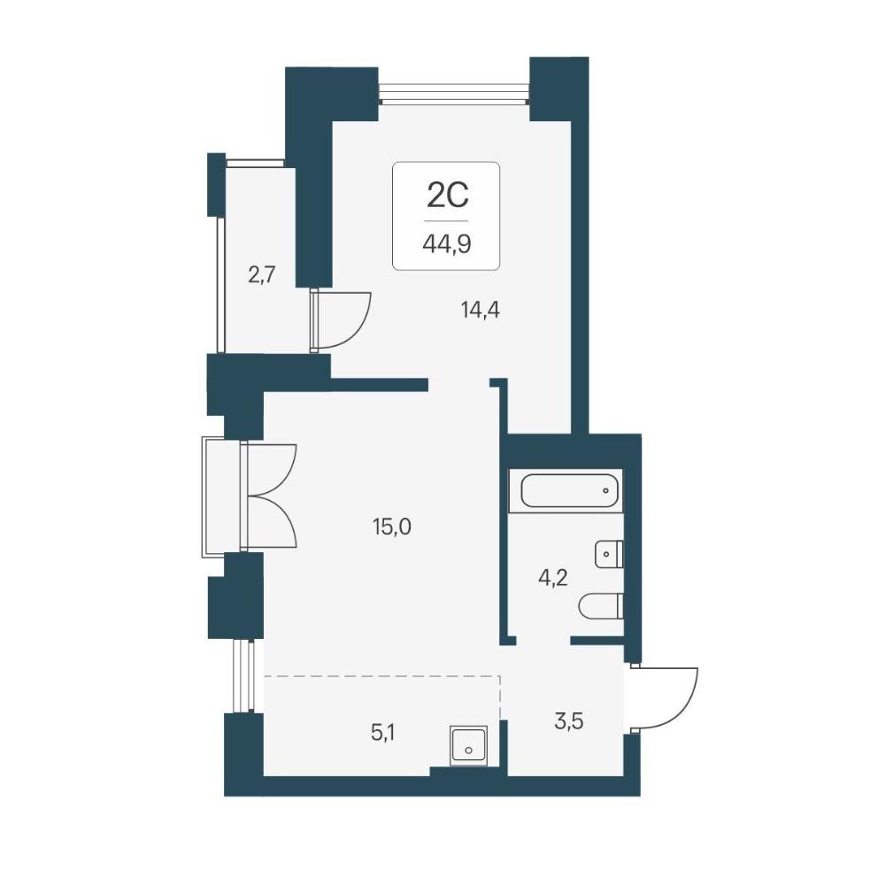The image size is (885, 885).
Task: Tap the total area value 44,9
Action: [446, 244]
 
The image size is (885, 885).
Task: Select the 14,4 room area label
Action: [481, 310]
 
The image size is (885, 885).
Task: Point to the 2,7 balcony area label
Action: [261, 275]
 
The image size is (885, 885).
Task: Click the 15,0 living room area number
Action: [392, 527]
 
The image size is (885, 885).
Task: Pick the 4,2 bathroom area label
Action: [552, 579]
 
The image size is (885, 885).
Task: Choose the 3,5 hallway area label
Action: [569, 720]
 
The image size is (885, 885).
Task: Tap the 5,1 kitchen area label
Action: [382, 733]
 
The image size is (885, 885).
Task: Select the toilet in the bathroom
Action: [601, 606]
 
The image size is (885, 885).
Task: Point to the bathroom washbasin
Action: [609, 554]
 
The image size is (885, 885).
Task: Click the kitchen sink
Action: [468, 745]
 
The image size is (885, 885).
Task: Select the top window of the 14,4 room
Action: [454, 93]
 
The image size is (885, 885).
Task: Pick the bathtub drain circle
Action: [605, 490]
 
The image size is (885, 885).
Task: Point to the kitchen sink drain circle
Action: [468, 750]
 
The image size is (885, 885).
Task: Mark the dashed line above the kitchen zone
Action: [382, 675]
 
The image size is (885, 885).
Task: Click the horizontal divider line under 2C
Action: [446, 220]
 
